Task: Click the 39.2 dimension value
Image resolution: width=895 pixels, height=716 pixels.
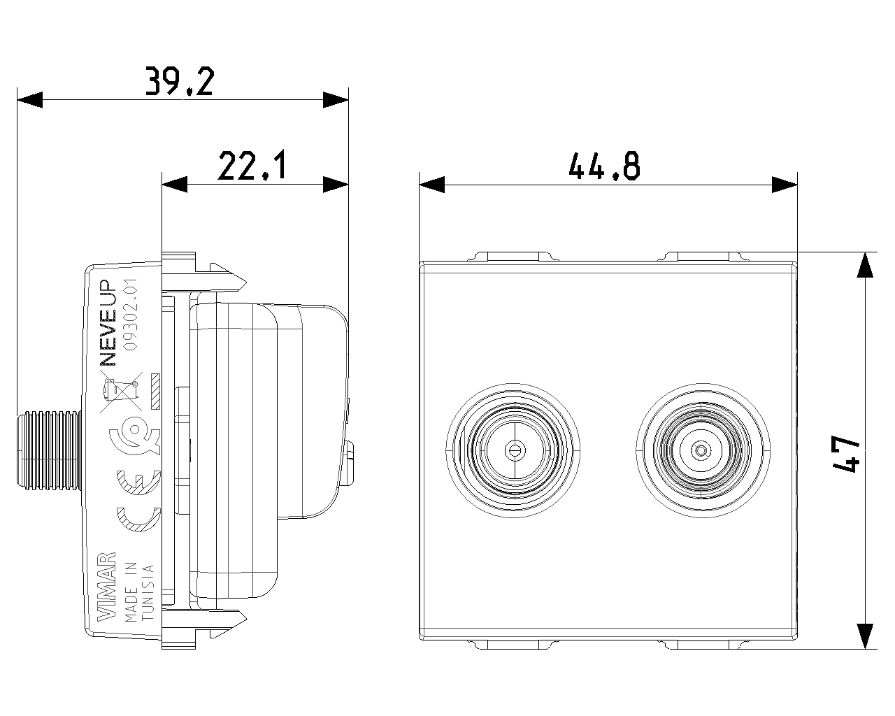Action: (179, 81)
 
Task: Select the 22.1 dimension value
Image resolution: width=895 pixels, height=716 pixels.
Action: (252, 166)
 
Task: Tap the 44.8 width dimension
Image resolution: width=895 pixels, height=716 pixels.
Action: (604, 167)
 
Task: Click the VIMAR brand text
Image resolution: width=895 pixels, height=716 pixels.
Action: (106, 587)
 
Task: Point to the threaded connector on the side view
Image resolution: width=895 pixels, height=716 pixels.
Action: (49, 447)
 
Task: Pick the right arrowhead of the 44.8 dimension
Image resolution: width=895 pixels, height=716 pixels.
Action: (785, 185)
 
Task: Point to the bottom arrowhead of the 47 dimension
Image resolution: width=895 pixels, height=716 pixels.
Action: (866, 636)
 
